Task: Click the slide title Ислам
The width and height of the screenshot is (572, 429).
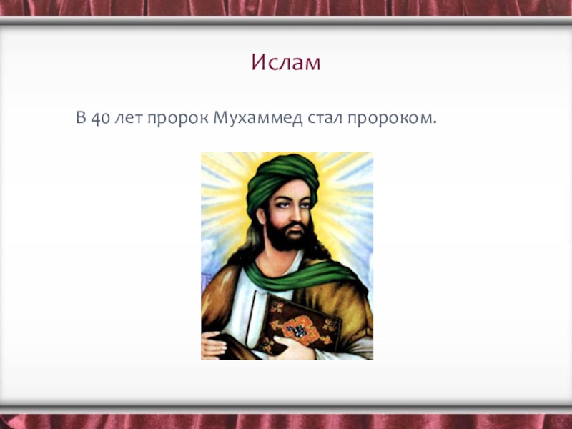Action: coord(286,62)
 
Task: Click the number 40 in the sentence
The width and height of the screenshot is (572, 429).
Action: coord(100,118)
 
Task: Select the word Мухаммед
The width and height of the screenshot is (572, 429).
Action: coord(257,118)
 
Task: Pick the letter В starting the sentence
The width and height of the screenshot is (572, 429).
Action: coord(81,117)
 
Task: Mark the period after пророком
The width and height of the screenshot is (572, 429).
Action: coord(434,123)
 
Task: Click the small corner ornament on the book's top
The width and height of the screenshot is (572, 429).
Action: coord(277,307)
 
